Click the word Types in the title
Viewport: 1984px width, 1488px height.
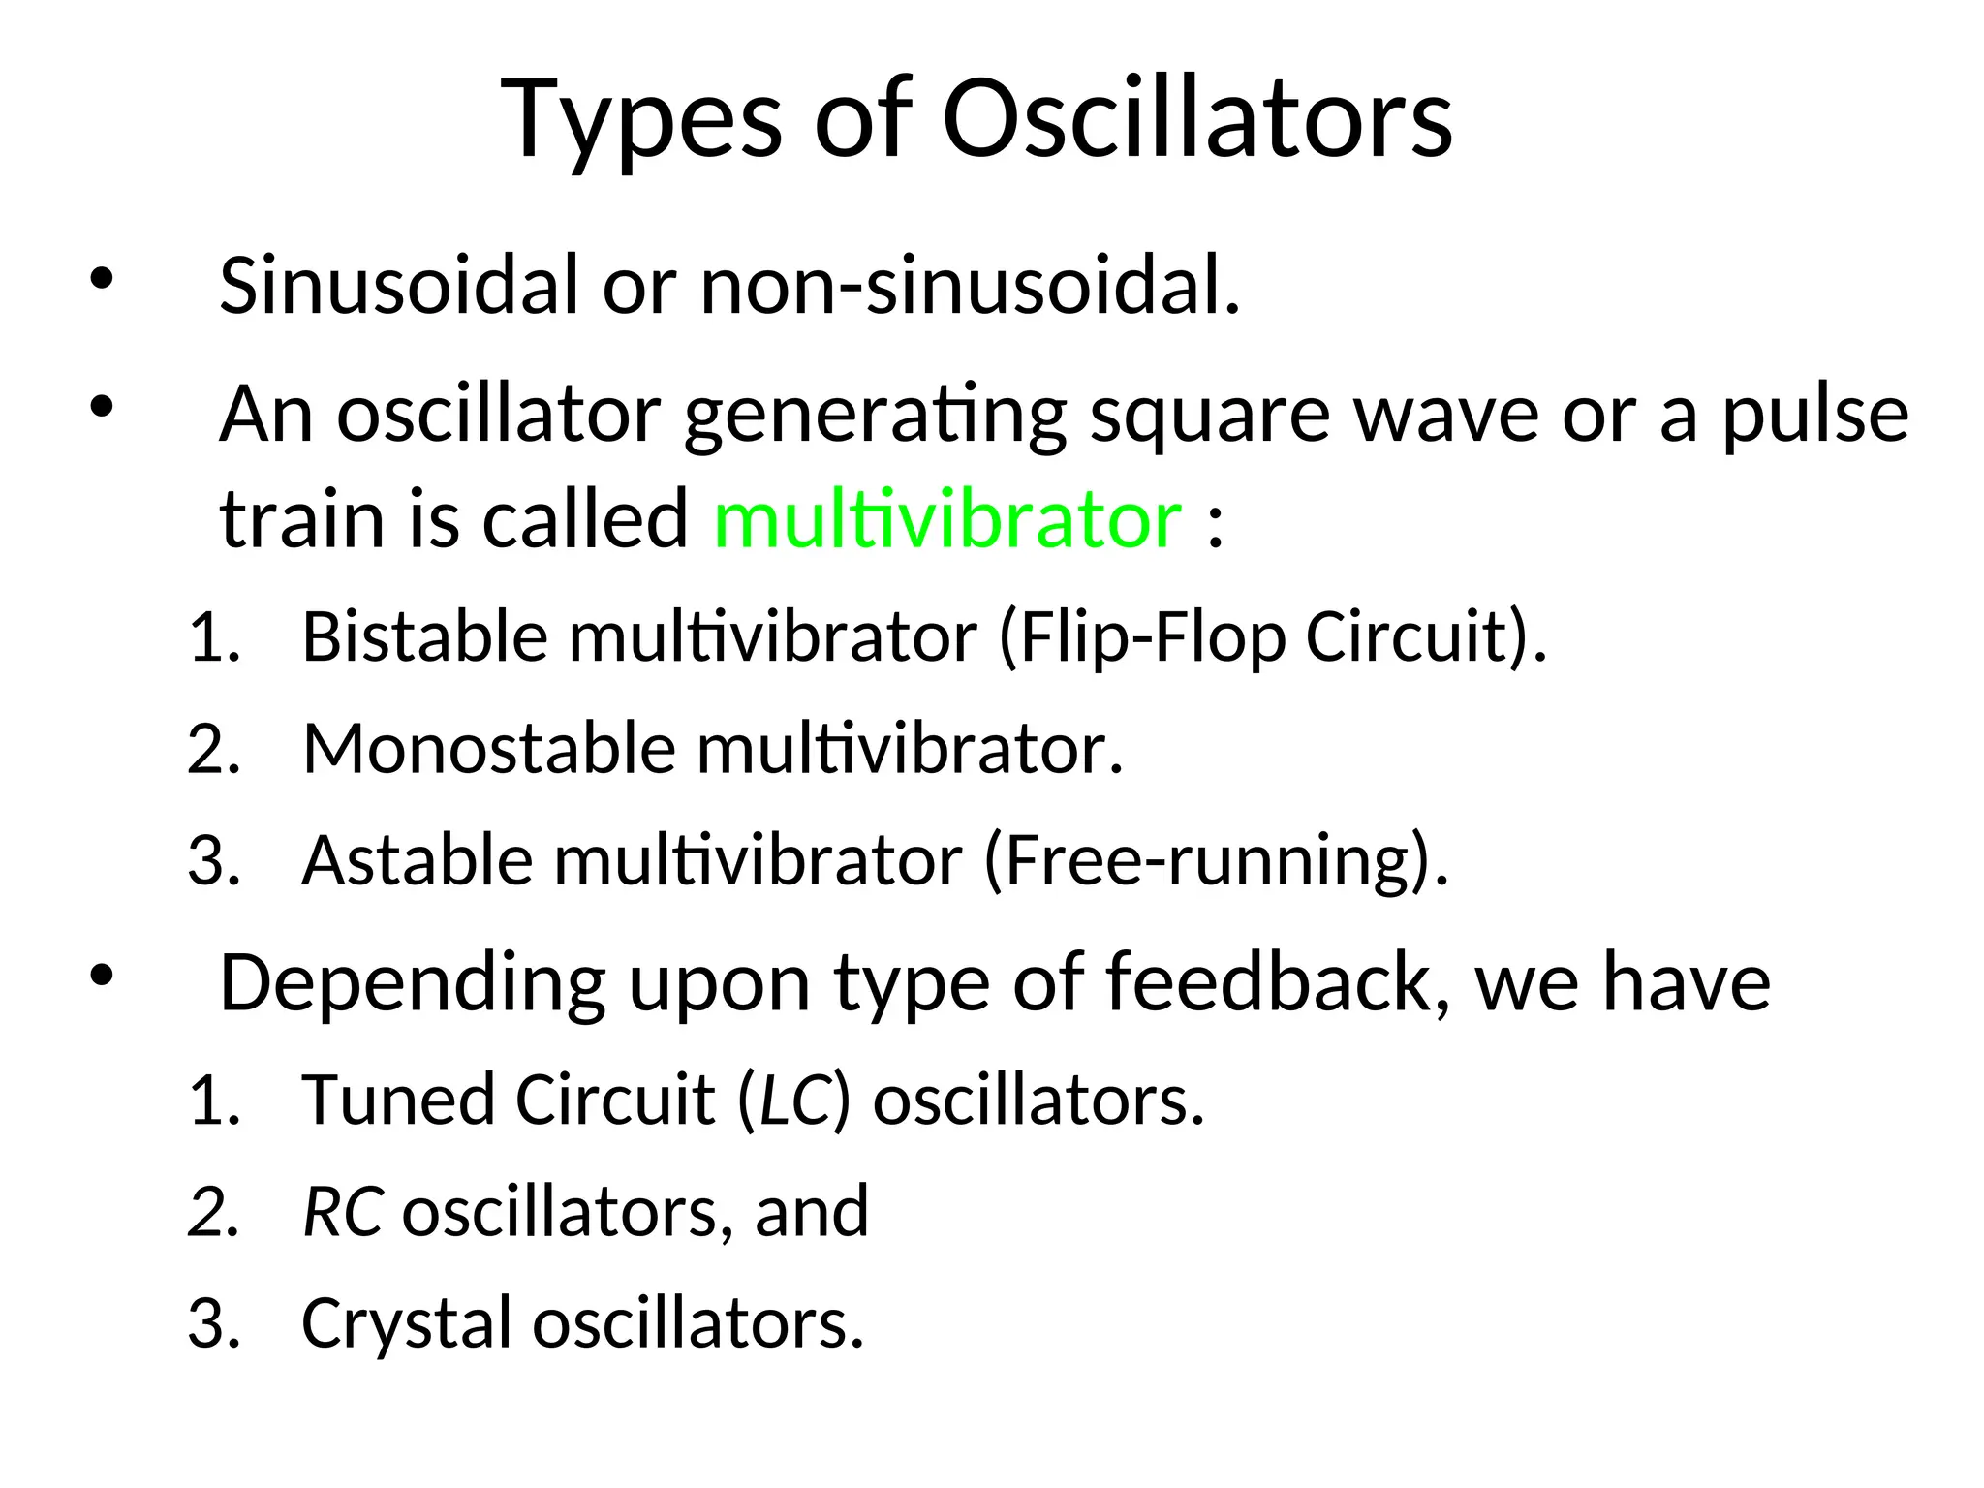(641, 121)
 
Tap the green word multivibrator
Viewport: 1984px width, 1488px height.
(946, 520)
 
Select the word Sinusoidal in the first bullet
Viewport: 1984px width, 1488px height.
(398, 286)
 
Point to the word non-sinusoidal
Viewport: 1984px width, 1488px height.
(969, 286)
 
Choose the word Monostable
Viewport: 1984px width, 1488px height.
(489, 749)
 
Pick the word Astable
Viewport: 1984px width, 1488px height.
(417, 860)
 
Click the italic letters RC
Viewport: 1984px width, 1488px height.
(342, 1212)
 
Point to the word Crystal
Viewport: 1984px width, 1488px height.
(406, 1324)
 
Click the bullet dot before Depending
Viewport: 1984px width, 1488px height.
(101, 976)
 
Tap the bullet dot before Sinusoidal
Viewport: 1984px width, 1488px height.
(101, 280)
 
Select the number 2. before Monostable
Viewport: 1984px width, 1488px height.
(214, 749)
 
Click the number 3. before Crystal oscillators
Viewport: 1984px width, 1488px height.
(214, 1324)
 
